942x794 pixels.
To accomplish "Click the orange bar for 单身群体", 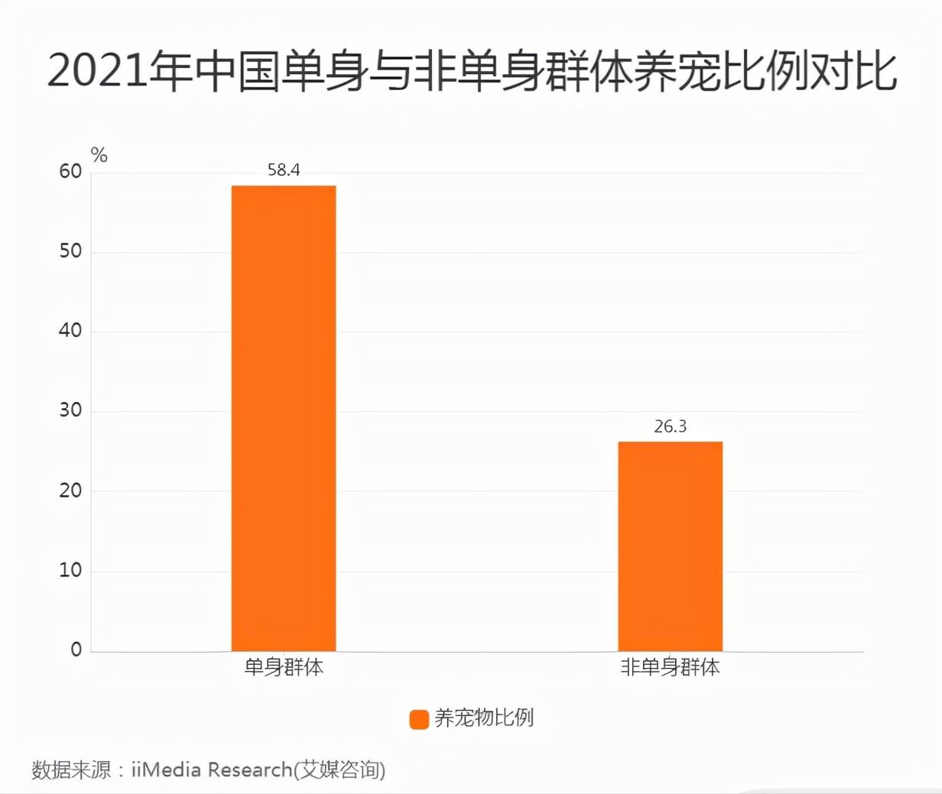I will tap(284, 418).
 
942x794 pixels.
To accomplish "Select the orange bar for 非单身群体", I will tap(670, 546).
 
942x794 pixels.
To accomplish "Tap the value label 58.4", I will tap(284, 170).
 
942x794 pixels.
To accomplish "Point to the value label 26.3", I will tap(670, 426).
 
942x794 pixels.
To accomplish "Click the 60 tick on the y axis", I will tap(70, 172).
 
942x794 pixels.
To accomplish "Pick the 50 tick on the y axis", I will tap(70, 251).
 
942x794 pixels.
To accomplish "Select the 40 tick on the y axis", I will tap(70, 332).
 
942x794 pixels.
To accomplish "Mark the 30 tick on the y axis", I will tap(70, 411).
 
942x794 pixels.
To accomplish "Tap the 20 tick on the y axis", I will tap(70, 491).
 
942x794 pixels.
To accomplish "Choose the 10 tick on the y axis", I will tap(70, 571).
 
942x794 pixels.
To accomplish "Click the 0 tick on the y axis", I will tap(76, 650).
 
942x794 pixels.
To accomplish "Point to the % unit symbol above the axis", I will tap(99, 156).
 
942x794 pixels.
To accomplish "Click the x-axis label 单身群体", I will tap(284, 667).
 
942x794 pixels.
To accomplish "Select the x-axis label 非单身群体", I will tap(670, 667).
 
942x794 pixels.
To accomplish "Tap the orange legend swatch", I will tap(419, 719).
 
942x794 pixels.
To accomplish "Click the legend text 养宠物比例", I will tap(484, 718).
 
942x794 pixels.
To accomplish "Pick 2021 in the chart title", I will tap(96, 72).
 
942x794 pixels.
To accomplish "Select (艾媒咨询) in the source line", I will tap(339, 770).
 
